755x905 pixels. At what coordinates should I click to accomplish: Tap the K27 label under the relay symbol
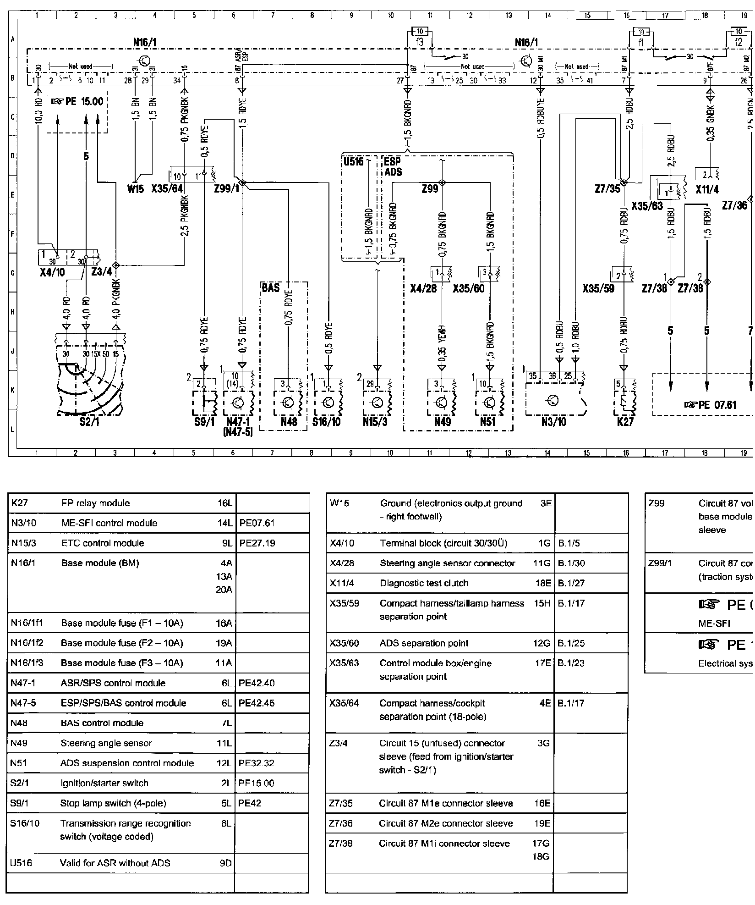pos(625,422)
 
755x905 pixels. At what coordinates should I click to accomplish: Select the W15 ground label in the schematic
pos(136,188)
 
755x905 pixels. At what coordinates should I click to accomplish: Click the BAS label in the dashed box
pos(271,288)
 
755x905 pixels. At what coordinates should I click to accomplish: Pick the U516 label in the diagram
pos(353,161)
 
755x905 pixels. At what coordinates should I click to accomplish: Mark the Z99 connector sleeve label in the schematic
pos(430,188)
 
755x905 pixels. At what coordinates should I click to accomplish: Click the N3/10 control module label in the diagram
pos(554,422)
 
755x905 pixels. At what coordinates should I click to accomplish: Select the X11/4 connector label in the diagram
pos(707,189)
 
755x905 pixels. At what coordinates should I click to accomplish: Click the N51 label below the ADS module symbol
pos(487,422)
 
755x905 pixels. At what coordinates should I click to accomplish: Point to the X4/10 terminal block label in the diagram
pos(52,272)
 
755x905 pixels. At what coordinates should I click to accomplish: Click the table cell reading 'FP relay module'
pos(95,503)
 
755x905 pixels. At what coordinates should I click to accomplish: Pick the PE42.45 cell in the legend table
pos(257,703)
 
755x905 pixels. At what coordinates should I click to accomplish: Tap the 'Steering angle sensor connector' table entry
pos(447,563)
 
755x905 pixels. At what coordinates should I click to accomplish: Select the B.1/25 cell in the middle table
pos(571,643)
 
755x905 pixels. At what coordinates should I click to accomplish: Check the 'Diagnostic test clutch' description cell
pos(424,583)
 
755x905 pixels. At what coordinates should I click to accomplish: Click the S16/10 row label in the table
pos(25,823)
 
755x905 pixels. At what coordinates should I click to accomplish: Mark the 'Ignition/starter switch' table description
pos(104,783)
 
